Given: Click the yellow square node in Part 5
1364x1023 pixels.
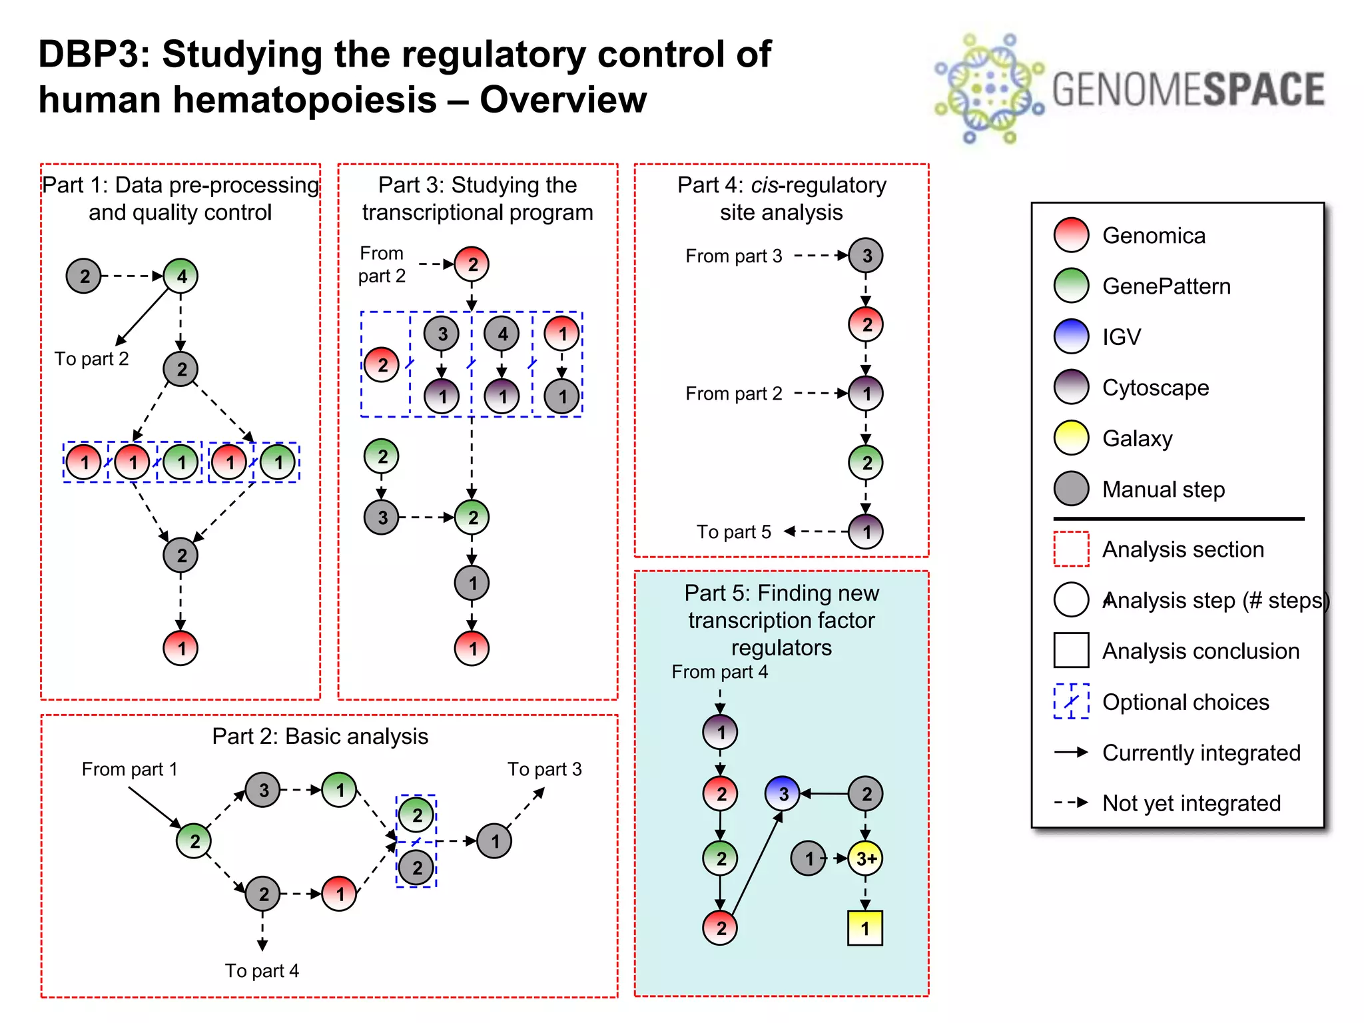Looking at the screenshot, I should pyautogui.click(x=864, y=928).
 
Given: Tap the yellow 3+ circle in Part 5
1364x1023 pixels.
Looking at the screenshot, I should pyautogui.click(x=865, y=858).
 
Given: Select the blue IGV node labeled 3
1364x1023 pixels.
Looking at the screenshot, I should pyautogui.click(x=783, y=793).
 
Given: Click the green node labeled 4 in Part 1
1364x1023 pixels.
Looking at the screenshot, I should pyautogui.click(x=181, y=276).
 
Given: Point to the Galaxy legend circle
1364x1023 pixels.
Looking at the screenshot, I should pyautogui.click(x=1071, y=438).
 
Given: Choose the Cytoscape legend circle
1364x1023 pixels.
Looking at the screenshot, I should pyautogui.click(x=1071, y=388).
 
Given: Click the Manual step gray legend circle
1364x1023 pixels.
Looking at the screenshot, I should pyautogui.click(x=1071, y=489).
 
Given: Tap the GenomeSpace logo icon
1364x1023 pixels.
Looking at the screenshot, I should pyautogui.click(x=988, y=89).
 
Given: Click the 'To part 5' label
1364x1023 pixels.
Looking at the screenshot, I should pyautogui.click(x=733, y=531).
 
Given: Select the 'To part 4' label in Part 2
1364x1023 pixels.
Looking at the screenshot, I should pyautogui.click(x=262, y=970).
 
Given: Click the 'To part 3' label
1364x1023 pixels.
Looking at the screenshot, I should pyautogui.click(x=544, y=769).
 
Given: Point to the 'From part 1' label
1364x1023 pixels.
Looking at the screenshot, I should pyautogui.click(x=129, y=769).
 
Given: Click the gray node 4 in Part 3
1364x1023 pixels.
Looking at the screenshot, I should pyautogui.click(x=502, y=334).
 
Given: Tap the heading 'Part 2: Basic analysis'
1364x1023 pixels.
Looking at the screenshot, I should pyautogui.click(x=320, y=736).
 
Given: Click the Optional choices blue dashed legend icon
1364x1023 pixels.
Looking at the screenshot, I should pyautogui.click(x=1071, y=701).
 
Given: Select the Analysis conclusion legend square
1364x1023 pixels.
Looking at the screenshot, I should pyautogui.click(x=1071, y=650).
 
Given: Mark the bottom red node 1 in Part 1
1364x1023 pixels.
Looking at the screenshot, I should pyautogui.click(x=180, y=647).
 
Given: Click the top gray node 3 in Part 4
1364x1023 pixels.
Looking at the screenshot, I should pyautogui.click(x=866, y=255).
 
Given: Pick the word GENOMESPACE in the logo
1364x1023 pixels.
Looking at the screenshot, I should pyautogui.click(x=1188, y=89).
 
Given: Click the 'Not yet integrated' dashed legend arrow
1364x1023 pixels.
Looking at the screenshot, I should pyautogui.click(x=1071, y=803).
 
